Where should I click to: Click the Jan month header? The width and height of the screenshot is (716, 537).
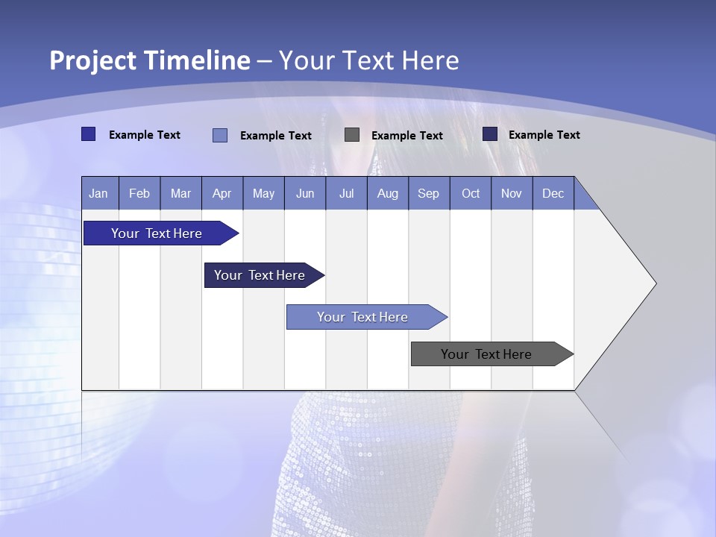pyautogui.click(x=98, y=193)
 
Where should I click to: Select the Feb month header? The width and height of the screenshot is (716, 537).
pyautogui.click(x=139, y=193)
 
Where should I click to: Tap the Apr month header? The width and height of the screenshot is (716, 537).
pyautogui.click(x=222, y=193)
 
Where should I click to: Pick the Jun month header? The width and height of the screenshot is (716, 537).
pyautogui.click(x=305, y=193)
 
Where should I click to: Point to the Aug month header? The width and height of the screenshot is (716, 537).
pyautogui.click(x=387, y=193)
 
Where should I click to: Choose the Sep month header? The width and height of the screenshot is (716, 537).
pyautogui.click(x=428, y=193)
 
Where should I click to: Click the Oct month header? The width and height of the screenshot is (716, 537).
pyautogui.click(x=471, y=193)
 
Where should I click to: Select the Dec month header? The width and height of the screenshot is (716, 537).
pyautogui.click(x=553, y=193)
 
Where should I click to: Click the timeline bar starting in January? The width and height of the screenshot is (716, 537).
pyautogui.click(x=157, y=233)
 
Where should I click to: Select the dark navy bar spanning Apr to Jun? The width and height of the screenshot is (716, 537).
pyautogui.click(x=260, y=275)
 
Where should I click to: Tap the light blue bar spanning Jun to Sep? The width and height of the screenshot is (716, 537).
pyautogui.click(x=362, y=317)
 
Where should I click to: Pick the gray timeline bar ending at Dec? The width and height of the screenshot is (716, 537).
pyautogui.click(x=486, y=354)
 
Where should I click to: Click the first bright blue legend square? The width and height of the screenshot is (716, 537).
pyautogui.click(x=88, y=134)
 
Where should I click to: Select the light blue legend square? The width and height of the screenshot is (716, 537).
pyautogui.click(x=220, y=135)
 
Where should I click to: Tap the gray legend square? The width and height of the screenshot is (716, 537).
pyautogui.click(x=352, y=134)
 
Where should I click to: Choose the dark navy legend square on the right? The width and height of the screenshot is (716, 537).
pyautogui.click(x=490, y=134)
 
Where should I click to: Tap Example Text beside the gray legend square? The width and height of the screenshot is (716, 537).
pyautogui.click(x=406, y=135)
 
